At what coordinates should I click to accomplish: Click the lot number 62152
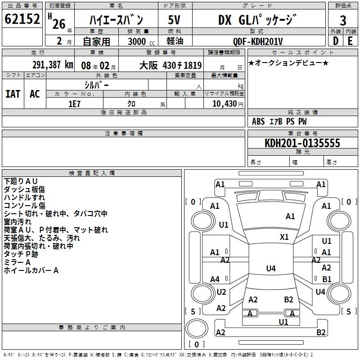coord(22,19)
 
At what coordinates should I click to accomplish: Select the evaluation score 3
coord(343,20)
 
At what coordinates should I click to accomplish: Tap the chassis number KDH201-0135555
coord(302,144)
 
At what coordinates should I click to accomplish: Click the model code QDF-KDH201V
coord(258,41)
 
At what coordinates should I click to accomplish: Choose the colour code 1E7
coord(74,103)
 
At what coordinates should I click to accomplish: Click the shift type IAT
coord(13,94)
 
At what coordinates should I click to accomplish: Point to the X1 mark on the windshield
coord(284,237)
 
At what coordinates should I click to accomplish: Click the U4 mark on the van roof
coord(270,269)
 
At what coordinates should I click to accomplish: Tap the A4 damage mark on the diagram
coord(215,279)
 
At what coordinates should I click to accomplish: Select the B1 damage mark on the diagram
coord(327,279)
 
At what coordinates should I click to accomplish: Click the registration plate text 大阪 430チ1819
coord(171,65)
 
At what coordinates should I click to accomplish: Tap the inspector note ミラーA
coord(17,262)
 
